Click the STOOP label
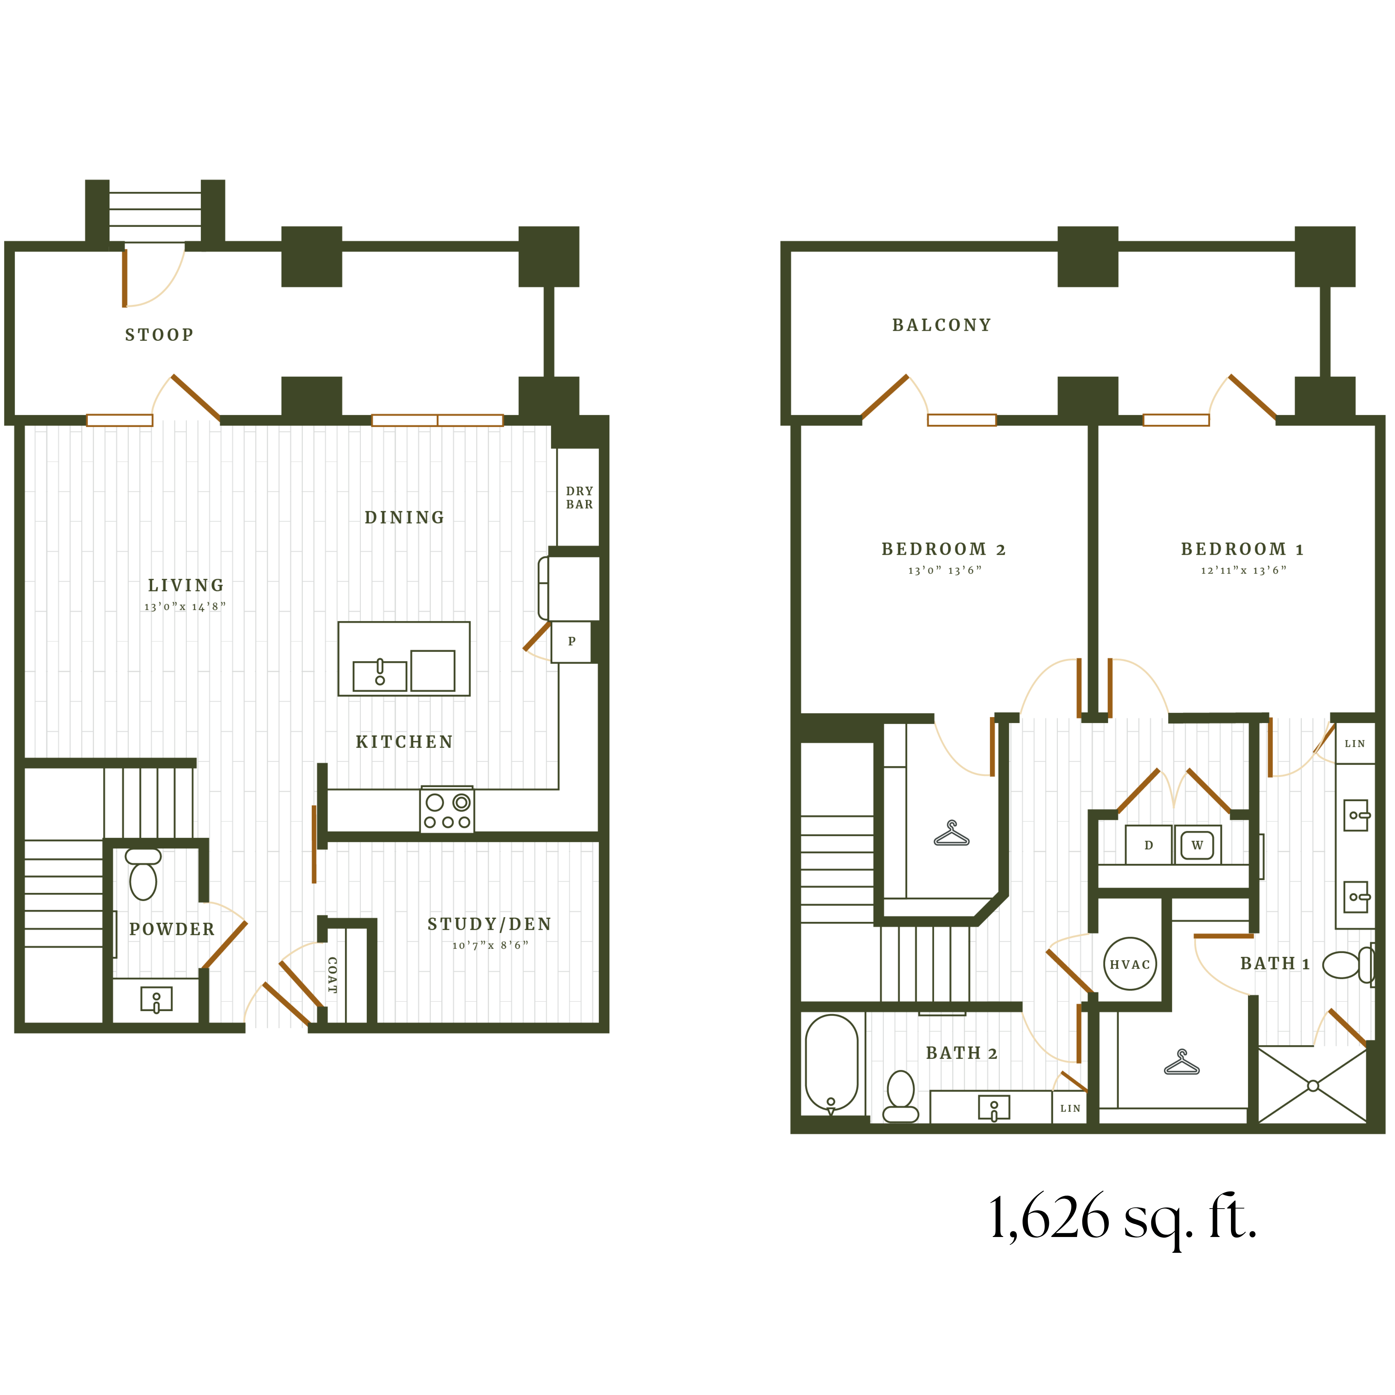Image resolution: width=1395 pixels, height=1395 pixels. [159, 335]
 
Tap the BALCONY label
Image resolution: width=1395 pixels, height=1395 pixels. [941, 326]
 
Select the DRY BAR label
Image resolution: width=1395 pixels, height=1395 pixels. [579, 497]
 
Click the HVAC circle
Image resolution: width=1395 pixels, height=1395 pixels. [1130, 964]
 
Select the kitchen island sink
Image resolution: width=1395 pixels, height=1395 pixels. [380, 675]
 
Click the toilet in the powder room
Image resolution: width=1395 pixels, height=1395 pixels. [143, 875]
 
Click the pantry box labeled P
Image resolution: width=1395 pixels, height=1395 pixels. [571, 641]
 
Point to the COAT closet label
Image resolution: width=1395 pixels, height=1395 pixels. [332, 975]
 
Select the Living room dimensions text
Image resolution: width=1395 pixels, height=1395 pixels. [185, 607]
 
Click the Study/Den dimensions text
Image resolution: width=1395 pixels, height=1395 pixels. [490, 945]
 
